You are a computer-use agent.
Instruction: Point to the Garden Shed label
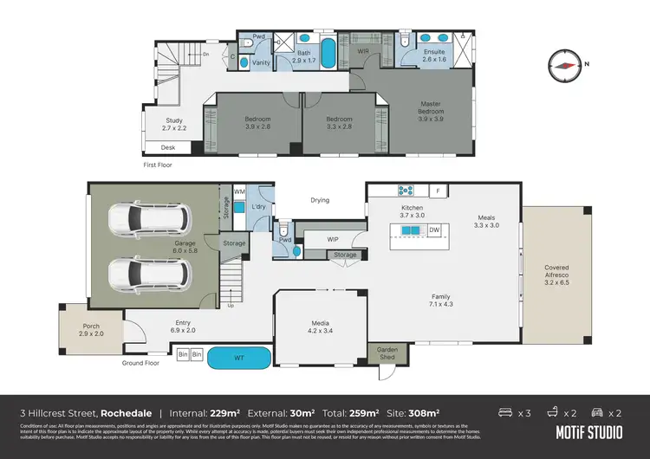point(384,353)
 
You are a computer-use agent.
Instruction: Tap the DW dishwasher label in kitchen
point(434,229)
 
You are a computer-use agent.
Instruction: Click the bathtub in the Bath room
point(328,54)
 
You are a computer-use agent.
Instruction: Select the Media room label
point(321,327)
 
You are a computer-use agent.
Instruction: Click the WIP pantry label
point(333,239)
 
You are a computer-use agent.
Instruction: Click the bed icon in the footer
point(508,412)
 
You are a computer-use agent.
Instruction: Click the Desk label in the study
point(168,147)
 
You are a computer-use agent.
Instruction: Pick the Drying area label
point(320,200)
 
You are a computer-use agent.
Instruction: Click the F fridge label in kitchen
point(439,191)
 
